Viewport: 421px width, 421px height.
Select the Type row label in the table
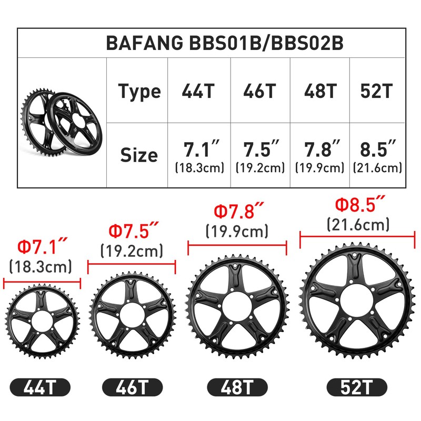139,92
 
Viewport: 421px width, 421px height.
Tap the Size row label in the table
139,155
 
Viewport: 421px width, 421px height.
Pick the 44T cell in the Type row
198,92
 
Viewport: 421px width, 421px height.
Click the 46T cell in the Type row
259,92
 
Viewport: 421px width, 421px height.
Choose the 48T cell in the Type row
320,92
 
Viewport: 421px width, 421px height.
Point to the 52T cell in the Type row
376,92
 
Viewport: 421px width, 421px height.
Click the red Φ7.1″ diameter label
42,246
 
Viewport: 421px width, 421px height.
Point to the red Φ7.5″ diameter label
132,231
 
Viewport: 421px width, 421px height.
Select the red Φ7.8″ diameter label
237,211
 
